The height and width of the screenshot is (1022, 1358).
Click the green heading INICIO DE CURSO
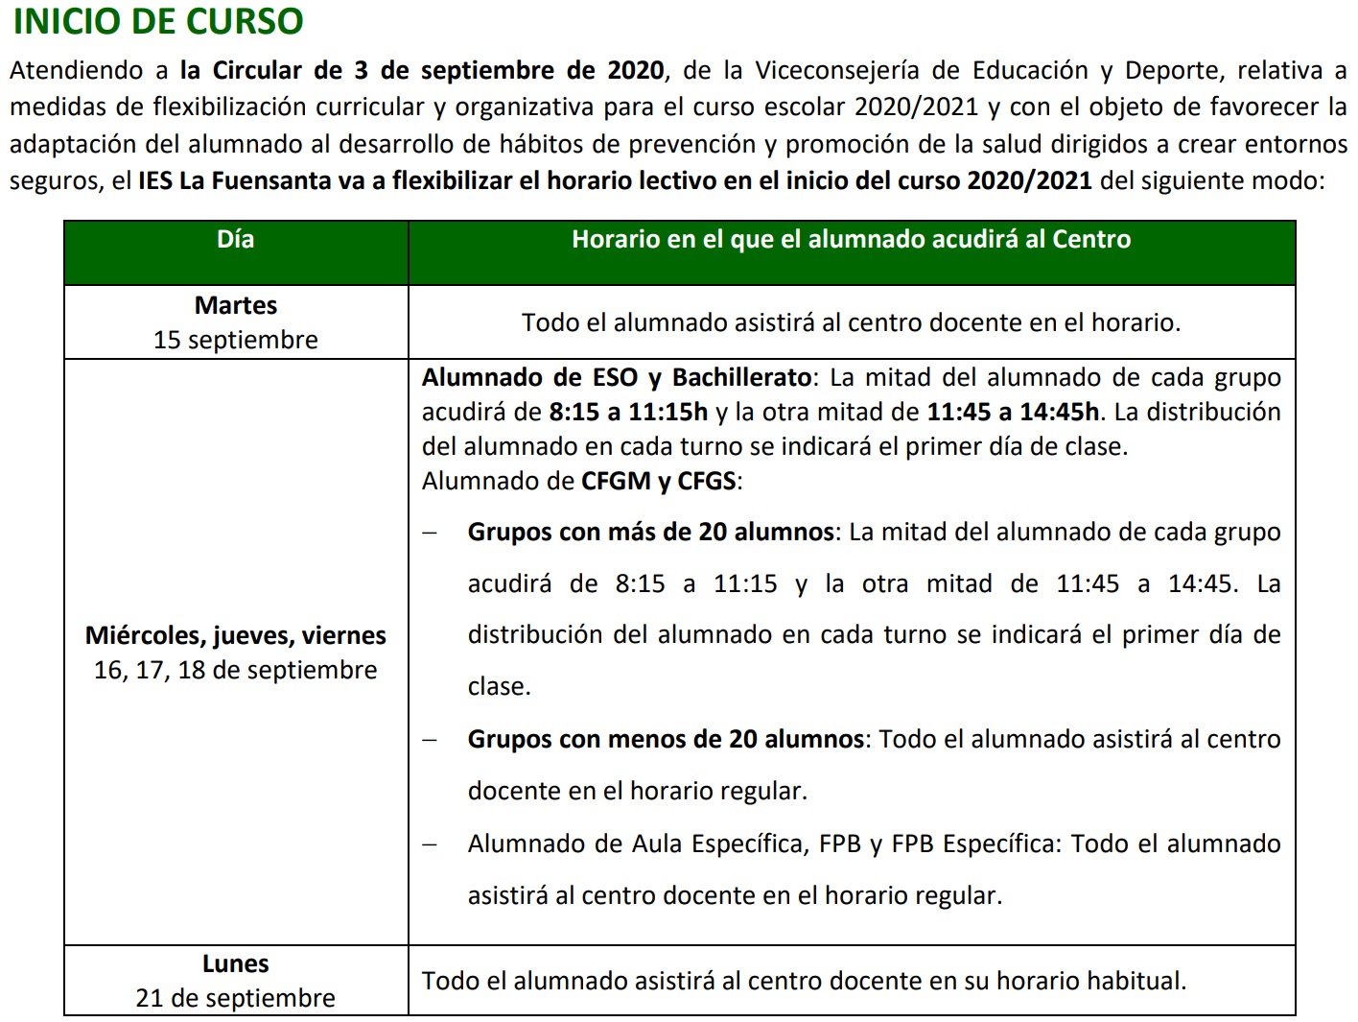158,21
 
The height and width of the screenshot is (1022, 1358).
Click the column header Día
235,240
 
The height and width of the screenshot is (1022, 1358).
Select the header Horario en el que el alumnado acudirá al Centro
851,240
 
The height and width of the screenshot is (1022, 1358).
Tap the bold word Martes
235,305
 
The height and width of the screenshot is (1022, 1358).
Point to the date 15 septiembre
235,340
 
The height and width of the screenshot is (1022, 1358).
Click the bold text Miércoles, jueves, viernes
235,635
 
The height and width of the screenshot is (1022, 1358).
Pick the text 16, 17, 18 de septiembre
235,670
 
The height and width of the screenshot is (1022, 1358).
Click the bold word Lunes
235,963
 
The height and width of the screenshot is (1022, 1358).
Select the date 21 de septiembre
235,998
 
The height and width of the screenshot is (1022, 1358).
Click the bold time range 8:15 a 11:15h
628,412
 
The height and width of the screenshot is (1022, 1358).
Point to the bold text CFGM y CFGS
659,481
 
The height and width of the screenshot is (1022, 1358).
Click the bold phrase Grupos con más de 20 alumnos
650,533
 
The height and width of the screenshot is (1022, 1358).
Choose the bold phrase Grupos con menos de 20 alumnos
666,740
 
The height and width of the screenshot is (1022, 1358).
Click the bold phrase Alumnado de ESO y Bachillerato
617,377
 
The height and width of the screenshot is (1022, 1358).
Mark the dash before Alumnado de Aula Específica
430,845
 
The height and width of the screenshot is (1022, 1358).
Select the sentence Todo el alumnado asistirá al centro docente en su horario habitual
804,981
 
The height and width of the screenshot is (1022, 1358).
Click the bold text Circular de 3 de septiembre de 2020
438,71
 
